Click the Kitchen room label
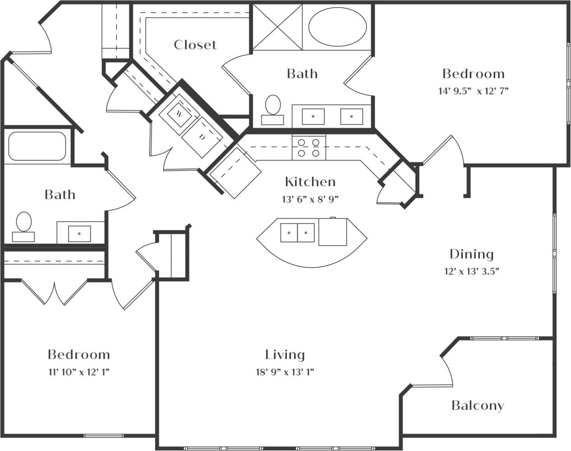pos(310,182)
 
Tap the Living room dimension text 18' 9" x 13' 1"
pos(285,372)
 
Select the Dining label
pos(471,254)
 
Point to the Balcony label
pos(478,405)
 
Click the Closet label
pos(195,45)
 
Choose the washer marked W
pos(179,114)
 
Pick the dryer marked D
pos(202,137)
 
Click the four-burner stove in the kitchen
pos(309,148)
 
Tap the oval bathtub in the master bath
pos(338,27)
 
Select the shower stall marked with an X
pos(277,27)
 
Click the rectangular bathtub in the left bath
pos(37,146)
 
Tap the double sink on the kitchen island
pos(298,233)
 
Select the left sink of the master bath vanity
pos(313,116)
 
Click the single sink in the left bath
pos(79,233)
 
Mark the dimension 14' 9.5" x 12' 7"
pos(473,91)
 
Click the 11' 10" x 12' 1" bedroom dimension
pos(78,372)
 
